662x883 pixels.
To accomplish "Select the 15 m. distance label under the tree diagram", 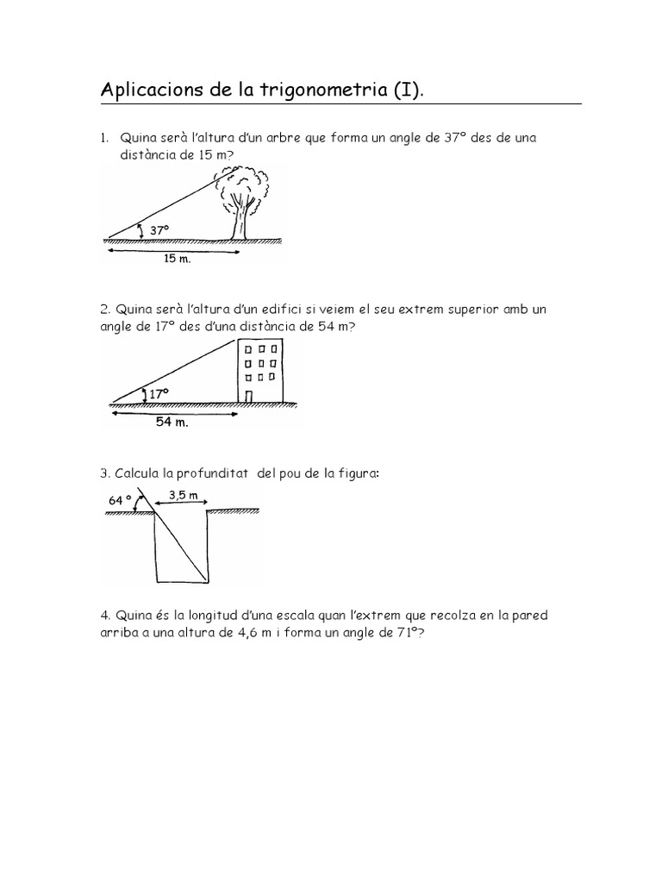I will [x=177, y=259].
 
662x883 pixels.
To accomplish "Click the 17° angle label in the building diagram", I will [x=159, y=393].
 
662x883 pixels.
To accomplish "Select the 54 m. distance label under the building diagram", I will [x=172, y=422].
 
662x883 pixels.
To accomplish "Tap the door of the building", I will [x=248, y=395].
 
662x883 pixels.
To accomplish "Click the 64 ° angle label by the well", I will [x=121, y=499].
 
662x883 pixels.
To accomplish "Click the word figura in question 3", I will [x=356, y=473].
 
